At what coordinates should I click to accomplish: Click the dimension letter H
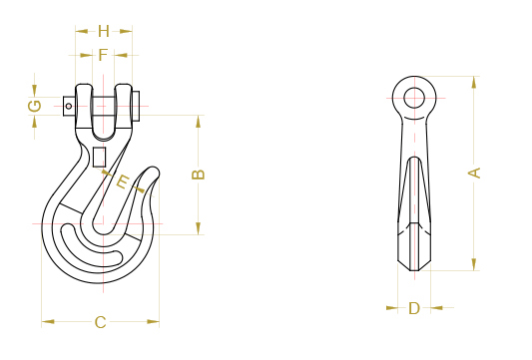pyautogui.click(x=103, y=31)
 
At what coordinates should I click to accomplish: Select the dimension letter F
pyautogui.click(x=103, y=54)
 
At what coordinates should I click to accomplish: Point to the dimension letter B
pyautogui.click(x=198, y=175)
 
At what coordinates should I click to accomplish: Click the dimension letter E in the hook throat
pyautogui.click(x=123, y=181)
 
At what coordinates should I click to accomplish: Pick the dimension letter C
pyautogui.click(x=100, y=321)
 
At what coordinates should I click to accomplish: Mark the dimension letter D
pyautogui.click(x=414, y=308)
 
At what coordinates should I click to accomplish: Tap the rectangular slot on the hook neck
pyautogui.click(x=98, y=157)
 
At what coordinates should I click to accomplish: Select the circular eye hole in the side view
pyautogui.click(x=414, y=97)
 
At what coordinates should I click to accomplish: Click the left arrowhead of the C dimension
pyautogui.click(x=47, y=321)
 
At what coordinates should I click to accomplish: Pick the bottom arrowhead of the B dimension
pyautogui.click(x=198, y=229)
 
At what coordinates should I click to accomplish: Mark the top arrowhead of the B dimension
pyautogui.click(x=198, y=121)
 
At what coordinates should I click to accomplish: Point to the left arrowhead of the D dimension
pyautogui.click(x=391, y=308)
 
